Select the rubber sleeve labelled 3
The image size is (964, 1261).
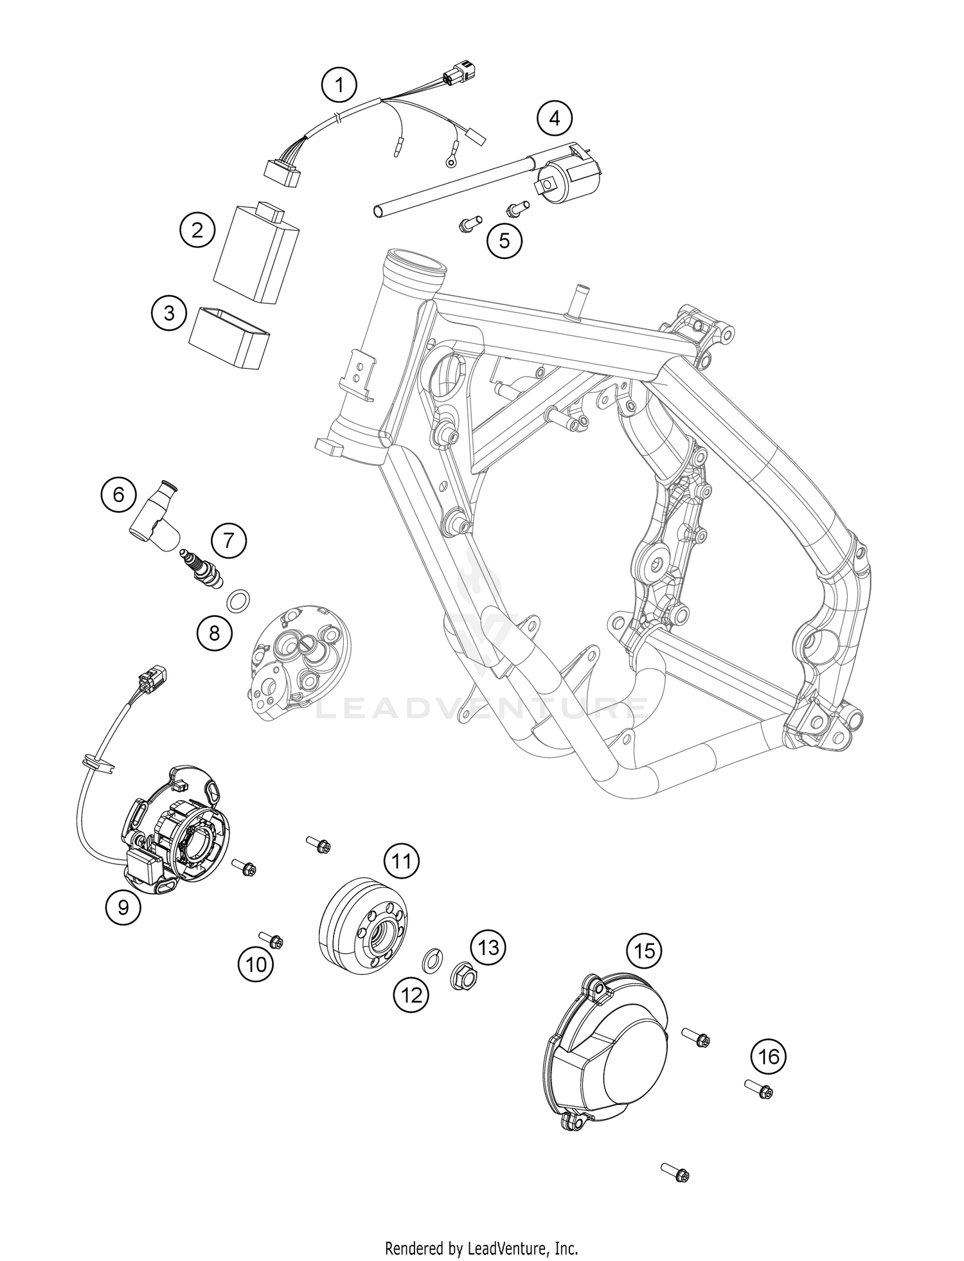pos(229,338)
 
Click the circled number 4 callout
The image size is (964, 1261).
pos(554,118)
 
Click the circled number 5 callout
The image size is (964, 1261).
pos(504,240)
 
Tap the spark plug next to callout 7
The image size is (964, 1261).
pos(202,565)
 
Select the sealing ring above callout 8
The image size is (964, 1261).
pos(238,601)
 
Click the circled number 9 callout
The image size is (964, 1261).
pos(123,907)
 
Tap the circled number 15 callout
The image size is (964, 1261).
pos(644,950)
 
